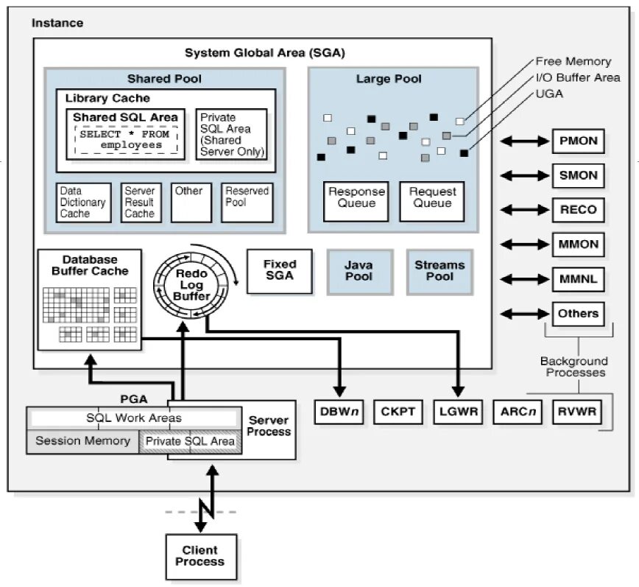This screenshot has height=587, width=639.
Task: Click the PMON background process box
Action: [578, 141]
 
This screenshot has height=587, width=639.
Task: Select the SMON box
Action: [578, 175]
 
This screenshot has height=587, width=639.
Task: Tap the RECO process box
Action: [578, 210]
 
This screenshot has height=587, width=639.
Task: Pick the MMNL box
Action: [578, 279]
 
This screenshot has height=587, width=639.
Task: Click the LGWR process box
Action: [457, 412]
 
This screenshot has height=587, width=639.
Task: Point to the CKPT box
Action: [398, 412]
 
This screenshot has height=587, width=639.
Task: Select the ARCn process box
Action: [517, 412]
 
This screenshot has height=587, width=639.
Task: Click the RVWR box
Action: [577, 412]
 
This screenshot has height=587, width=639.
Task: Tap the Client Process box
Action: [200, 556]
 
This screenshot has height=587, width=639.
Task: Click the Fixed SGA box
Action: [279, 270]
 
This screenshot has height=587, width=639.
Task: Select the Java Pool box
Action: [359, 271]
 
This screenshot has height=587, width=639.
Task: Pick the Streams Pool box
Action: [439, 271]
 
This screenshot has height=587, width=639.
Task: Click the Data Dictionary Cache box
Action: [84, 203]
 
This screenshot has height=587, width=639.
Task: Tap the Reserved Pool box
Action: [247, 203]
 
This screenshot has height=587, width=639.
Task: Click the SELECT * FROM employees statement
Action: [124, 140]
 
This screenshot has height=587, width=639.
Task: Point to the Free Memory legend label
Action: [573, 62]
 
